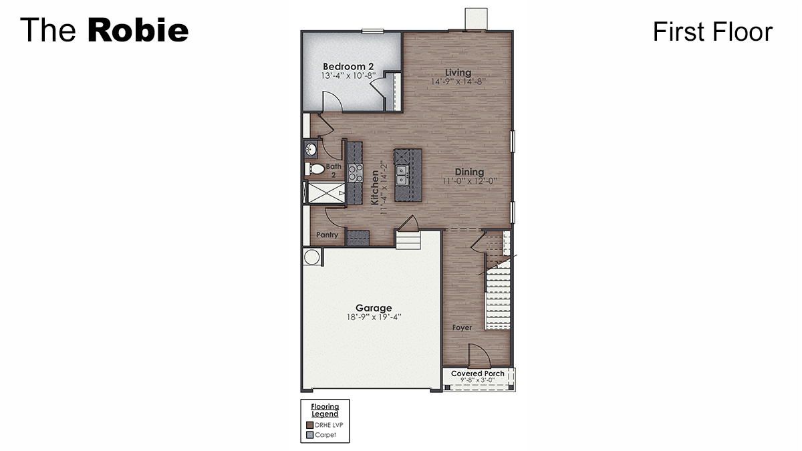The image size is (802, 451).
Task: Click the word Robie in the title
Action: [x=138, y=31]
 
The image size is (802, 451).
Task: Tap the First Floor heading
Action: [x=712, y=31]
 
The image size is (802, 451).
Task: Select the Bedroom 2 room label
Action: [x=348, y=67]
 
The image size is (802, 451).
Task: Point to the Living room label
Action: [x=458, y=72]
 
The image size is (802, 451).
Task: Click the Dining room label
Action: [x=470, y=172]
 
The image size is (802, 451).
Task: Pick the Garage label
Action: [x=374, y=308]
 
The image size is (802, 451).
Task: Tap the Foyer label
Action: [x=462, y=328]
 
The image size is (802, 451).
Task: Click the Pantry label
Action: [x=327, y=235]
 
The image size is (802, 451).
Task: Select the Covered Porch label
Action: [x=478, y=373]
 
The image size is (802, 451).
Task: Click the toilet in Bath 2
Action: [x=314, y=169]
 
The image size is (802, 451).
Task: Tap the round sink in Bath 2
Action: [x=311, y=148]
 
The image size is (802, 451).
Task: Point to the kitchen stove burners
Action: [x=355, y=173]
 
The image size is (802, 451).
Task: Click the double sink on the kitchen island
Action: [x=402, y=175]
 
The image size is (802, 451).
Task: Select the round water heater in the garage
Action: [x=312, y=257]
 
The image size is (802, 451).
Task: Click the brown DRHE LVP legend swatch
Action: [x=310, y=425]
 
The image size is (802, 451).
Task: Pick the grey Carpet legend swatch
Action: [x=310, y=435]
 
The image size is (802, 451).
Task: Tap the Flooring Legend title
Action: [x=325, y=410]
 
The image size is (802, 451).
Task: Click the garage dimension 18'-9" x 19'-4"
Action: [x=374, y=317]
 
